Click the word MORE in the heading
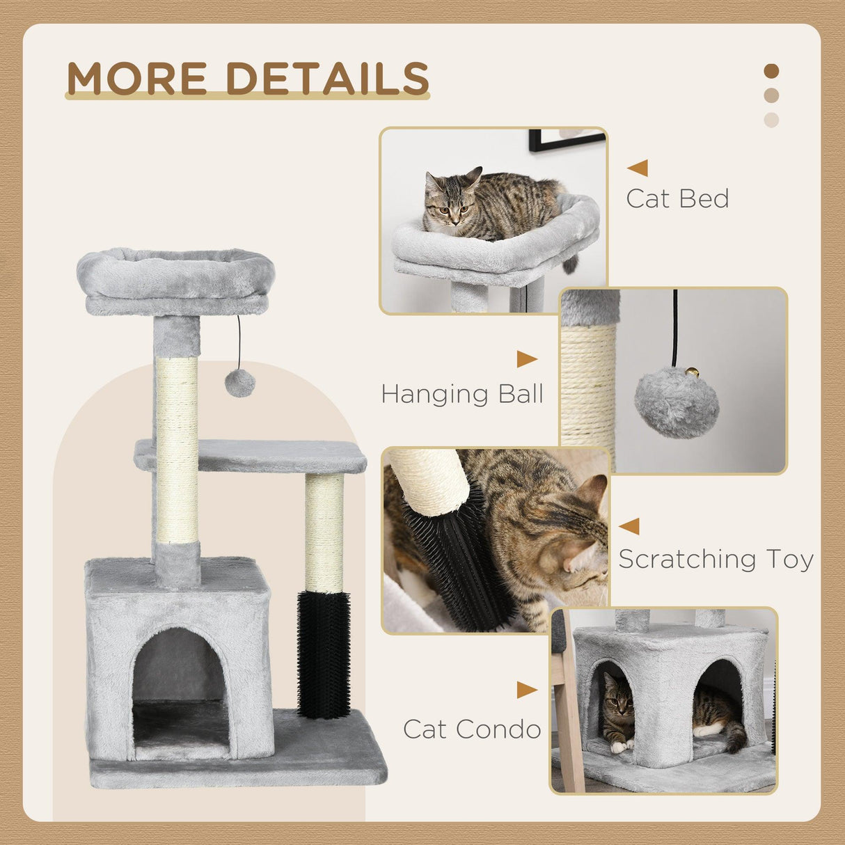click(x=137, y=78)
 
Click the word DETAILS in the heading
click(x=328, y=78)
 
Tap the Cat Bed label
click(x=677, y=199)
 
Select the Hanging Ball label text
click(x=462, y=395)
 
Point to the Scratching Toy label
click(x=716, y=560)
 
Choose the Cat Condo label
click(x=472, y=729)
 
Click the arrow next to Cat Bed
click(x=637, y=168)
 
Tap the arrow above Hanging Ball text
click(x=527, y=360)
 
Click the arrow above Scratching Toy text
click(x=629, y=526)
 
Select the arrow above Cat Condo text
click(x=527, y=690)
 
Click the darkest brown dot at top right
click(x=771, y=71)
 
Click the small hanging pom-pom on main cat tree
click(x=240, y=383)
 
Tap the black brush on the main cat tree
click(x=324, y=654)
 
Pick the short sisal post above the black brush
click(x=324, y=532)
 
